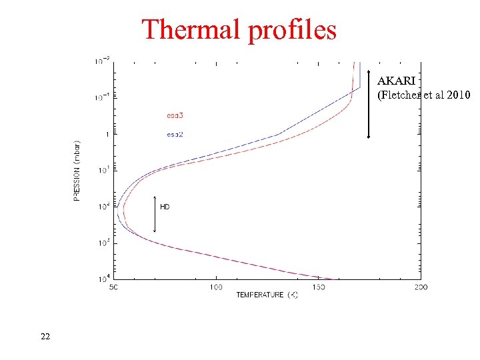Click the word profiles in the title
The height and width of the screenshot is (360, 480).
[x=291, y=31]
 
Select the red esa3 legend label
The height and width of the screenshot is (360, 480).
[x=175, y=116]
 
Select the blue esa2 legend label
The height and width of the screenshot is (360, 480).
[x=175, y=135]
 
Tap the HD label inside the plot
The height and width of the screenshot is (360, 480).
[x=165, y=207]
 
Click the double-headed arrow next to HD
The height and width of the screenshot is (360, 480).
[x=155, y=214]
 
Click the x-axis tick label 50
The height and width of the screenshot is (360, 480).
[x=113, y=287]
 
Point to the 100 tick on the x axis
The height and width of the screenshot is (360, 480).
[x=215, y=287]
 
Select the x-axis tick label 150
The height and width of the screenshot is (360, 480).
[x=318, y=287]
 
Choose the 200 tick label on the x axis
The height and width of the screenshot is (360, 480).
[x=421, y=287]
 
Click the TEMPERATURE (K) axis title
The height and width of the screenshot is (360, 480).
[x=267, y=295]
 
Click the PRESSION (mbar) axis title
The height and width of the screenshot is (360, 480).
[x=78, y=170]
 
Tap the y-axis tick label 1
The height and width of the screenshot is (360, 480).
[x=108, y=134]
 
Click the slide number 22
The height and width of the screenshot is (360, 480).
[x=45, y=337]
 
